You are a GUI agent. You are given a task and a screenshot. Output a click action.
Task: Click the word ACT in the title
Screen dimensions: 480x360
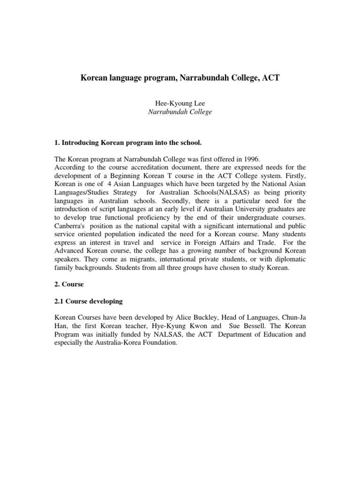(x=271, y=78)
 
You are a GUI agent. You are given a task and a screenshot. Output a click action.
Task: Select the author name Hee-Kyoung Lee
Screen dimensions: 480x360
(x=180, y=103)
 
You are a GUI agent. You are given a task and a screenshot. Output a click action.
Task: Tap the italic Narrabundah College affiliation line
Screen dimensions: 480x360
(x=180, y=112)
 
